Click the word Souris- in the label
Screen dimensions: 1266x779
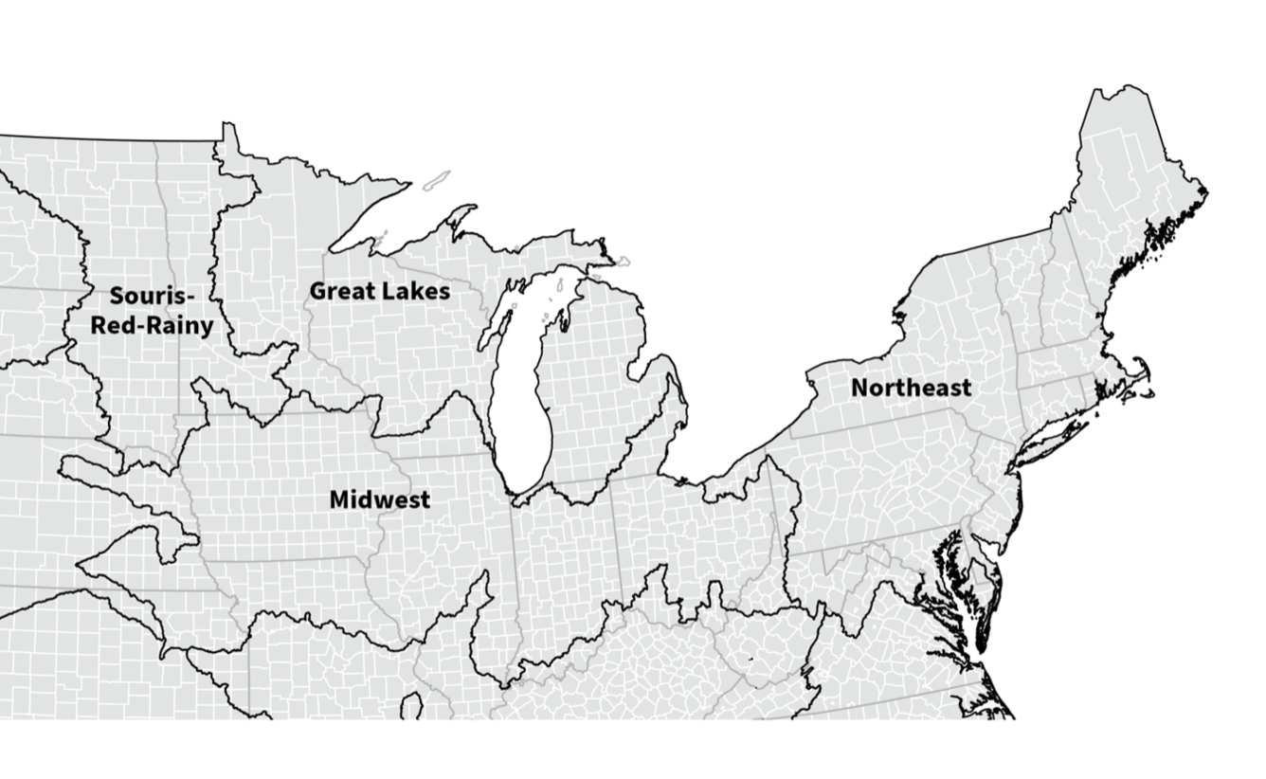(x=152, y=297)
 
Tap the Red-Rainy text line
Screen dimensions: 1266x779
(x=152, y=326)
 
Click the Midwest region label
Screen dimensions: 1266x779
(x=379, y=499)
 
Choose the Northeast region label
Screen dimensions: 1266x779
(x=911, y=388)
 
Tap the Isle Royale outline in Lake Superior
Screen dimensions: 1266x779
(x=436, y=180)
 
